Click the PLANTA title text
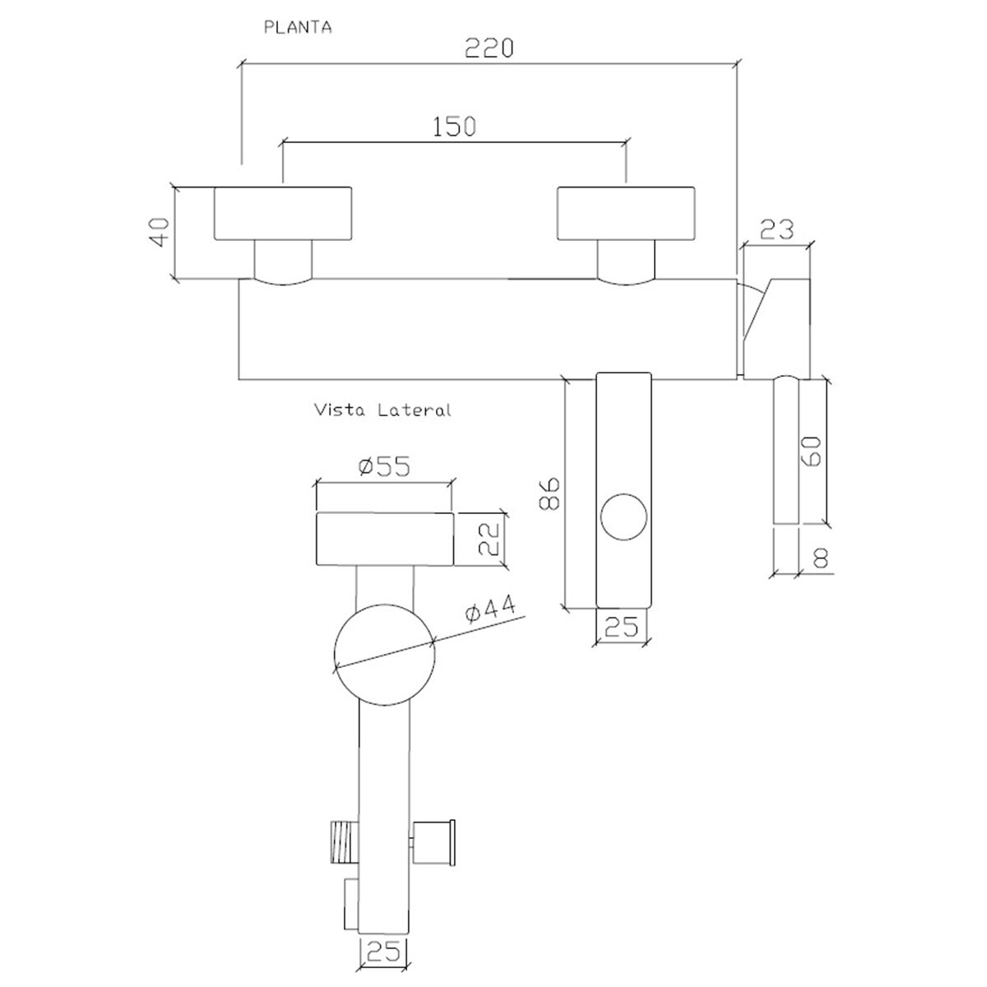pyautogui.click(x=298, y=26)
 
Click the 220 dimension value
pyautogui.click(x=489, y=49)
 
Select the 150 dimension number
pyautogui.click(x=454, y=127)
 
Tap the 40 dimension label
pyautogui.click(x=160, y=233)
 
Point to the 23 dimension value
pyautogui.click(x=776, y=229)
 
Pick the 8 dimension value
pyautogui.click(x=820, y=558)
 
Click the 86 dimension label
pyautogui.click(x=549, y=493)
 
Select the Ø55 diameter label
pyautogui.click(x=385, y=466)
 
